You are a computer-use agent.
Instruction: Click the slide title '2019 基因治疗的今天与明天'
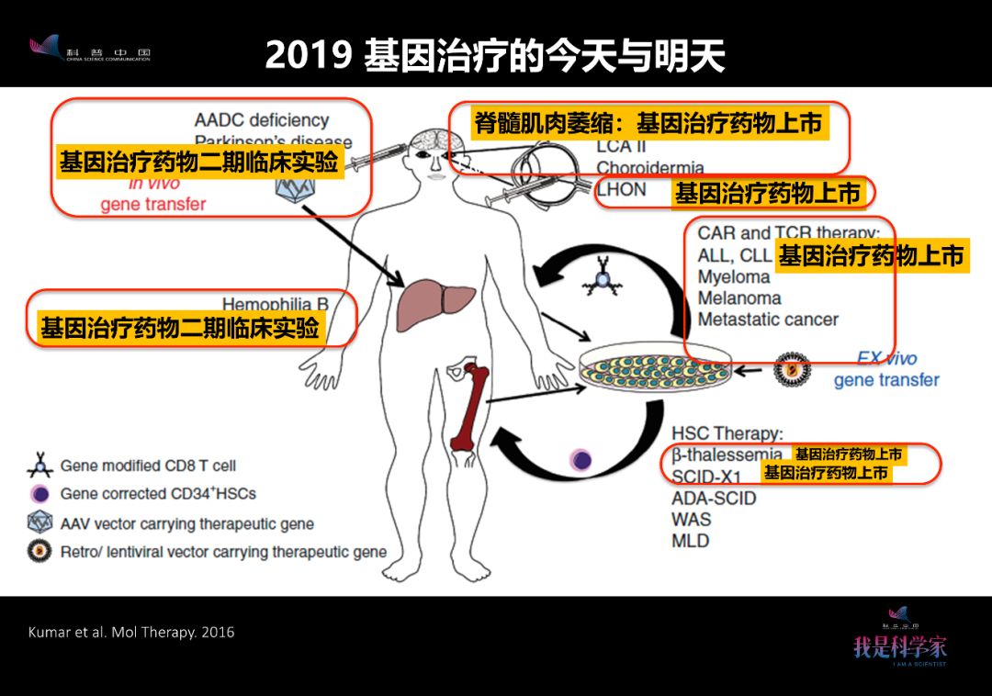(x=495, y=55)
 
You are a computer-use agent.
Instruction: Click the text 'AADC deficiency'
(x=261, y=120)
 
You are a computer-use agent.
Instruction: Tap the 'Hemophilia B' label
(x=275, y=303)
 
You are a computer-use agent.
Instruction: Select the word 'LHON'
(x=622, y=190)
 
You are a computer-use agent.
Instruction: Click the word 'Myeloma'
(x=733, y=276)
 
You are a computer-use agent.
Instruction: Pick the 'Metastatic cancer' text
(x=768, y=320)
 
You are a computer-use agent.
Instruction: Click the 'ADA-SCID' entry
(x=714, y=498)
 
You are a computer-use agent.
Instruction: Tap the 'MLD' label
(x=691, y=540)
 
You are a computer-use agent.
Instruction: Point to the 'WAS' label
(x=691, y=519)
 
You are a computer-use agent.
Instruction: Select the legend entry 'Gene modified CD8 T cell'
(x=147, y=466)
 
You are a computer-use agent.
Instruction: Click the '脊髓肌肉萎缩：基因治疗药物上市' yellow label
(x=648, y=123)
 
